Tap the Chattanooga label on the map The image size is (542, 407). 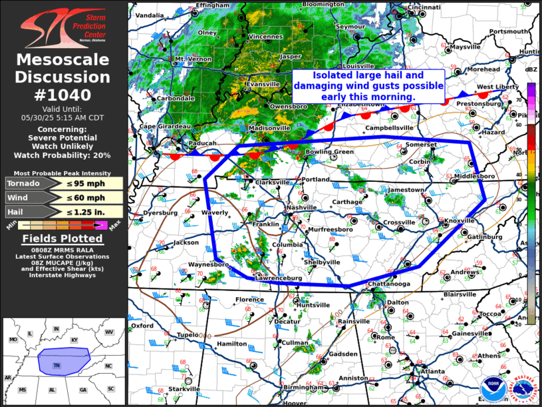coord(390,284)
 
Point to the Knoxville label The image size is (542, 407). coord(460,220)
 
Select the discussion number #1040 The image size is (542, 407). coord(63,94)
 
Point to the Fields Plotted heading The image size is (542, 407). coord(63,239)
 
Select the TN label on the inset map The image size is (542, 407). coord(57,365)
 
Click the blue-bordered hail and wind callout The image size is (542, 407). coord(368,87)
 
